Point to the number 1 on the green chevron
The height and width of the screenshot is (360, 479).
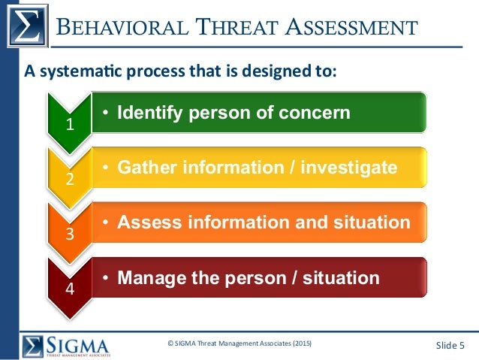click(x=70, y=125)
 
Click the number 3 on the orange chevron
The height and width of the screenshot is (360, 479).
click(x=70, y=234)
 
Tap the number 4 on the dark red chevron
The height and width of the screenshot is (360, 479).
click(x=70, y=289)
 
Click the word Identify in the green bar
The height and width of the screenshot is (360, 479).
click(x=149, y=113)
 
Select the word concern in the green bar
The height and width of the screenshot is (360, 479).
click(x=318, y=113)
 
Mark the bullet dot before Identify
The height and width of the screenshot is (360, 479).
click(x=107, y=113)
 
